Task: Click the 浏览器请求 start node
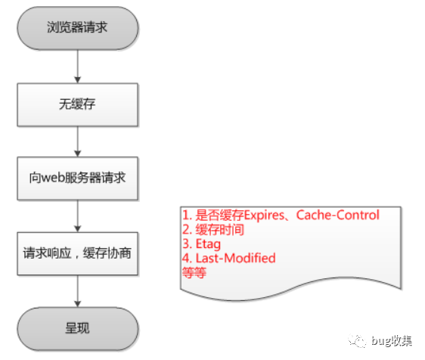pos(78,28)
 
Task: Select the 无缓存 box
pos(78,104)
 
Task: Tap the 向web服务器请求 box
pos(78,178)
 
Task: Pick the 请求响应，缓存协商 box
pos(78,253)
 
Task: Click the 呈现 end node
pos(78,328)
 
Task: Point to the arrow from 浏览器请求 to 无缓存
pos(78,67)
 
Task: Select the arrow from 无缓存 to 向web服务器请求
pos(78,141)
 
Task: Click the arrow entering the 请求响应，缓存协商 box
pos(78,216)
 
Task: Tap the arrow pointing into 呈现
pos(78,291)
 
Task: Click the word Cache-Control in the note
pos(337,215)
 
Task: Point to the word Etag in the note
pos(208,244)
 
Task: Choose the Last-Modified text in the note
pos(235,258)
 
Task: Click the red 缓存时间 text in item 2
pos(220,230)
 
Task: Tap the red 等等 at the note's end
pos(194,272)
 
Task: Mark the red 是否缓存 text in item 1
pos(220,216)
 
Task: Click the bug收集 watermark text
pos(392,341)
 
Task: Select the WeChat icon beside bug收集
pos(357,341)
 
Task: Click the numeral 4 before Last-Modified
pos(186,258)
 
